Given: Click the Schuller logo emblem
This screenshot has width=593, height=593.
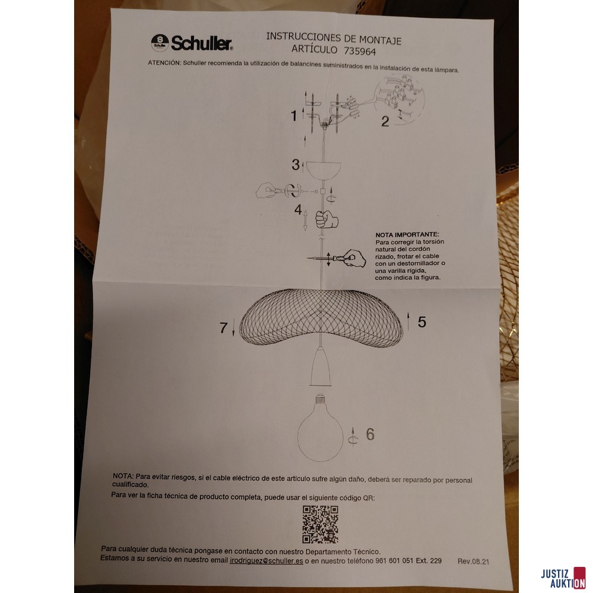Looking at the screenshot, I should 158,42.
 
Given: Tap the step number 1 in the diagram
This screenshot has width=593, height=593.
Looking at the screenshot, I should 294,116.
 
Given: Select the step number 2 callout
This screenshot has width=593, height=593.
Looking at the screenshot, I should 385,122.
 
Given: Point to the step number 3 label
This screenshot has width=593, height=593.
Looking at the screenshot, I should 295,164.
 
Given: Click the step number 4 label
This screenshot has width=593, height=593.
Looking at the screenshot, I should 298,210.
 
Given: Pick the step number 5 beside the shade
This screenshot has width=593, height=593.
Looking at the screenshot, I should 422,322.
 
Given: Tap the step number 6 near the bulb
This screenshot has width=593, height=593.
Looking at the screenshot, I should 369,435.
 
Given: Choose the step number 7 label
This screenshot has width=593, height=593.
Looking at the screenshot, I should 224,328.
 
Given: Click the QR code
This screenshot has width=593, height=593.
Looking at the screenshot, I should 320,524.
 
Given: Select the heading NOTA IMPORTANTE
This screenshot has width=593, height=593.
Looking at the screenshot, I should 407,235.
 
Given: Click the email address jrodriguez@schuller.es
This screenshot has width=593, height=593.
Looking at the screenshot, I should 266,560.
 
